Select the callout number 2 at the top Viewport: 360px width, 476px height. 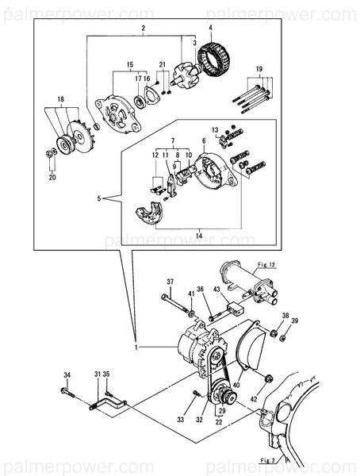(x=143, y=29)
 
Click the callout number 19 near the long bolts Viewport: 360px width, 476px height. (x=259, y=71)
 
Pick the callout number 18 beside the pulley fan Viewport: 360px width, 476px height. (x=58, y=99)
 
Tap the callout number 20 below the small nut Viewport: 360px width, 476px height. (x=52, y=178)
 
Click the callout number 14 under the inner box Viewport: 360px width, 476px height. (x=198, y=236)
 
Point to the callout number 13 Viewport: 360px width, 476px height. (x=214, y=129)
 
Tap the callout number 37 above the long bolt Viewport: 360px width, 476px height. (x=169, y=282)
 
